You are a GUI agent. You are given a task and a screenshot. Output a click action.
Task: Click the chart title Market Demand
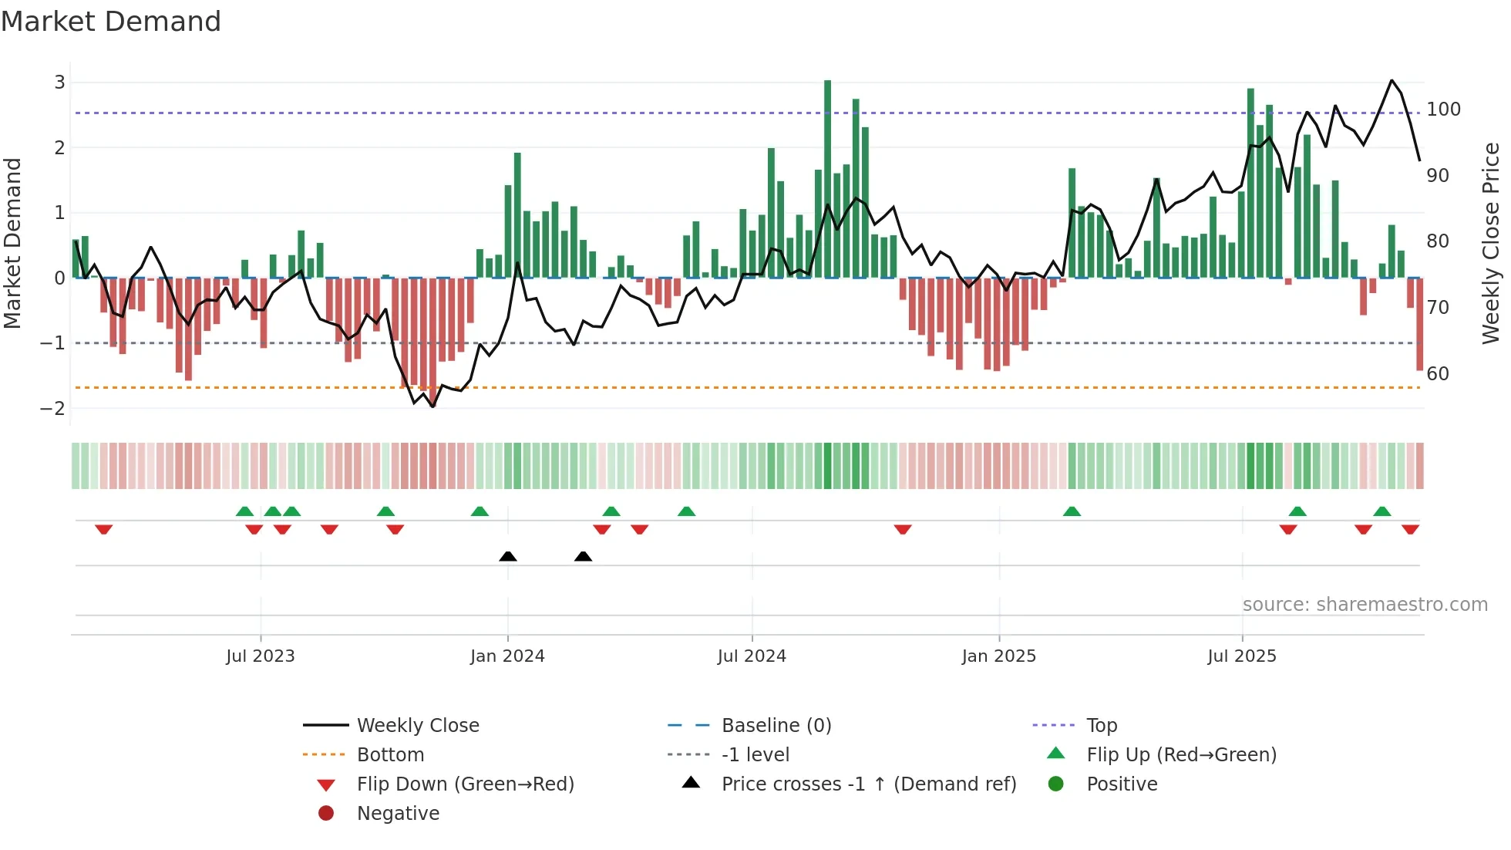(x=111, y=22)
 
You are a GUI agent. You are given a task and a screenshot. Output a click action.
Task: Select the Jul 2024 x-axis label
(x=752, y=656)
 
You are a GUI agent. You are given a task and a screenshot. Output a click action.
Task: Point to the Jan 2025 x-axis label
(x=998, y=656)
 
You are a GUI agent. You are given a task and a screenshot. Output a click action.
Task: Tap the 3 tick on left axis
(x=59, y=83)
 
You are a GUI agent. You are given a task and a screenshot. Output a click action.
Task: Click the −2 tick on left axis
(x=53, y=408)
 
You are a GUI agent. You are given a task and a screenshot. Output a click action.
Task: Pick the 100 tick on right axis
(x=1443, y=110)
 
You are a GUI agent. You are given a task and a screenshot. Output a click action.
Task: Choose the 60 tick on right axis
(x=1438, y=374)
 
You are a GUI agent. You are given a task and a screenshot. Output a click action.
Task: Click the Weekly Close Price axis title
(x=1491, y=243)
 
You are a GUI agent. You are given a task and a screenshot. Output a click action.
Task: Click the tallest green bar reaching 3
(x=827, y=177)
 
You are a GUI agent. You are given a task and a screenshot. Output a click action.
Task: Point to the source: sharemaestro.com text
(x=1365, y=605)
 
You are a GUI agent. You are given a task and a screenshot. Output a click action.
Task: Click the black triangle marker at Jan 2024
(x=507, y=556)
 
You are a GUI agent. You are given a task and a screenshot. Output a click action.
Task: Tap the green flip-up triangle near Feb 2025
(x=1072, y=511)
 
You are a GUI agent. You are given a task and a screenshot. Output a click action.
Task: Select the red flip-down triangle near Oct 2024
(x=903, y=529)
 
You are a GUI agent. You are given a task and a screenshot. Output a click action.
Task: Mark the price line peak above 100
(x=1392, y=81)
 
